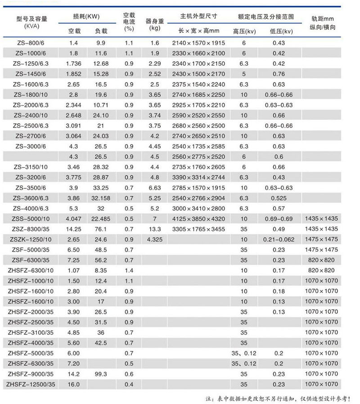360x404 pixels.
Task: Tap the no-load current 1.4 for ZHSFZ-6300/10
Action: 129,270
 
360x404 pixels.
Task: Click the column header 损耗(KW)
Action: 89,17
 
